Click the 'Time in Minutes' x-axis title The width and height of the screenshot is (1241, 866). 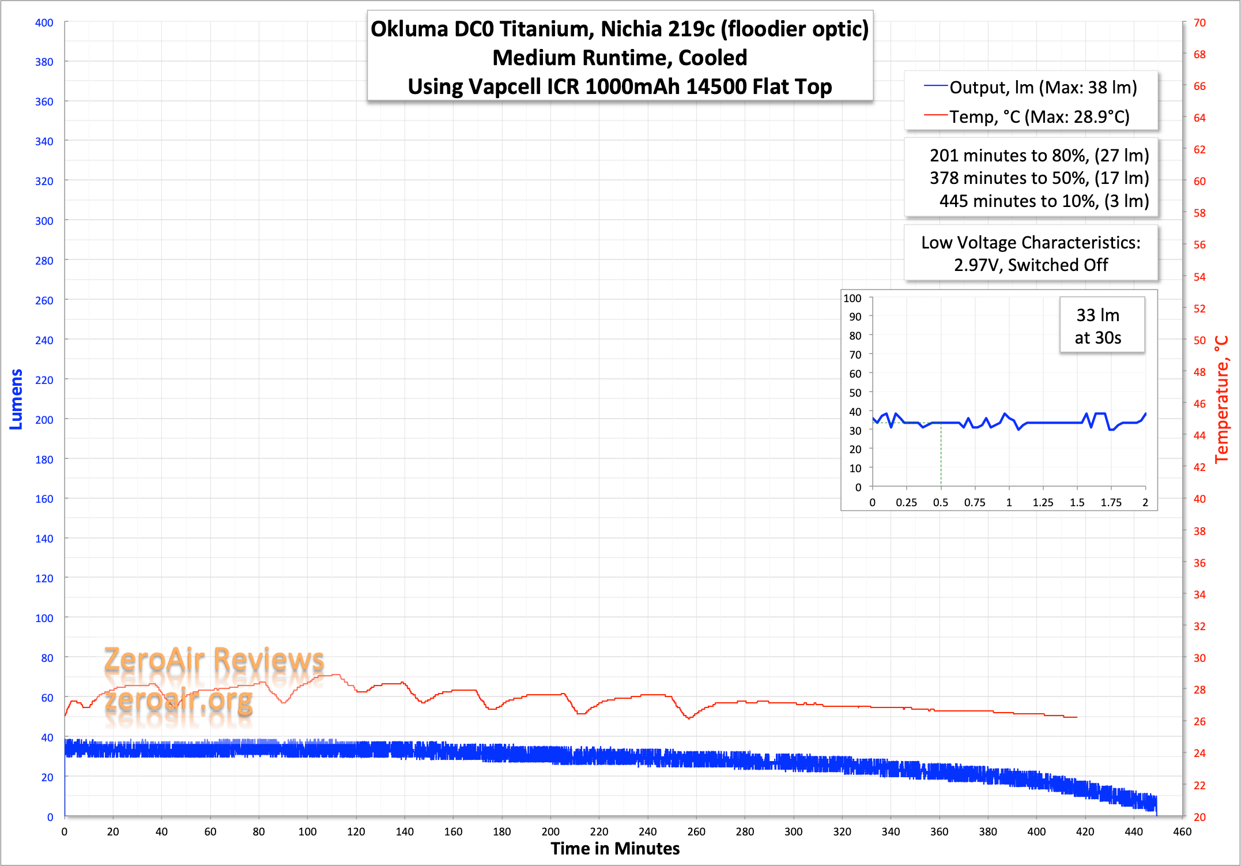point(615,849)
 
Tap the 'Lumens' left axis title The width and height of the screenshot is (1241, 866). point(16,399)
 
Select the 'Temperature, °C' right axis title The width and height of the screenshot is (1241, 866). point(1221,399)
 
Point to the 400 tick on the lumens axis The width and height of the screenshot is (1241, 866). point(44,22)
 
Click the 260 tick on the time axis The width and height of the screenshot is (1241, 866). point(696,831)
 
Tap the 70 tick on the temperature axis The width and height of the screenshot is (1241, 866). point(1199,22)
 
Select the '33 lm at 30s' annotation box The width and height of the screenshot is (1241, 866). point(1098,326)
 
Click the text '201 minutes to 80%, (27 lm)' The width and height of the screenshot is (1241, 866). point(1039,156)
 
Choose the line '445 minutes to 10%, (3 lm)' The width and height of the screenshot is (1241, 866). point(1044,201)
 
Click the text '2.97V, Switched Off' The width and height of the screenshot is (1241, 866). point(1031,265)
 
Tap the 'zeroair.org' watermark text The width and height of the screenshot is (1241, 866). point(179,700)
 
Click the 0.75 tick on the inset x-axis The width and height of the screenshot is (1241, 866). point(975,502)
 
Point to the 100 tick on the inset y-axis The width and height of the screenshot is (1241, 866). point(853,298)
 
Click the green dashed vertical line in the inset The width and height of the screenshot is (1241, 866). point(941,455)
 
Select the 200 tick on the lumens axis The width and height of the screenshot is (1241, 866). point(44,420)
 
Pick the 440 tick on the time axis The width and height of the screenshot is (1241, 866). point(1134,831)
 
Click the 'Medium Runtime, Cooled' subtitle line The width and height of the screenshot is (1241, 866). point(620,58)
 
